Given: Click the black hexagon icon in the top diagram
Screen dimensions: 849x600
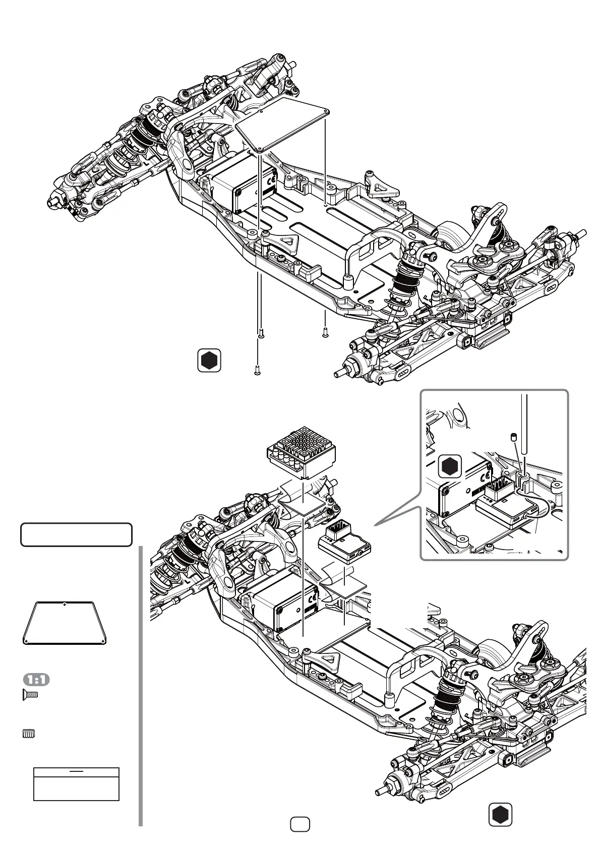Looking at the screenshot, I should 209,360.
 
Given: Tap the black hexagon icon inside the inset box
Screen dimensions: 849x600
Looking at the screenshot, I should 449,466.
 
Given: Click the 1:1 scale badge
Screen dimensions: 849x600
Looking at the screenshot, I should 36,680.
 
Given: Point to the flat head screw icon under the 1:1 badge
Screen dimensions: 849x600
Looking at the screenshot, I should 31,695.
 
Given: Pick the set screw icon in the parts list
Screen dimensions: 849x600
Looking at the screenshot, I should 29,734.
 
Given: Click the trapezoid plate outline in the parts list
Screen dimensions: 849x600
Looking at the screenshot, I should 65,623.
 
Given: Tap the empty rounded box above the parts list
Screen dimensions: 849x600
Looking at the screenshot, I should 76,535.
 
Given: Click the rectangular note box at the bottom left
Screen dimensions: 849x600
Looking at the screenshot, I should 76,784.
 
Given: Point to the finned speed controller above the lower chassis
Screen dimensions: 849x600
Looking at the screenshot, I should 301,452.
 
